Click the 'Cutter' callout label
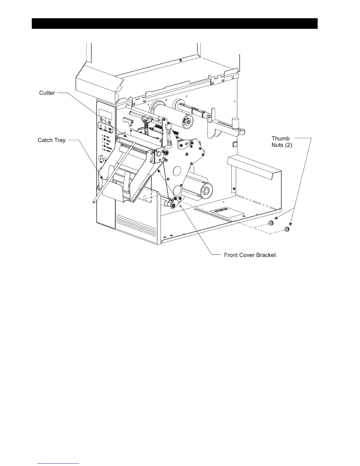tap(47, 93)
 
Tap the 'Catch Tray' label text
tap(51, 140)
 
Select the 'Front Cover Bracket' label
tap(250, 255)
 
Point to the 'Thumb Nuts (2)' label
tap(281, 142)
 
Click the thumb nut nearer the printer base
tap(271, 224)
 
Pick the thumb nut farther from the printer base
tap(286, 229)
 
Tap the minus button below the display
tap(101, 120)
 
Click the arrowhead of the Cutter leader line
tap(127, 137)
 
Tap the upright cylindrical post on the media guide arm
tap(235, 122)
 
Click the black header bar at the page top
tap(174, 24)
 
